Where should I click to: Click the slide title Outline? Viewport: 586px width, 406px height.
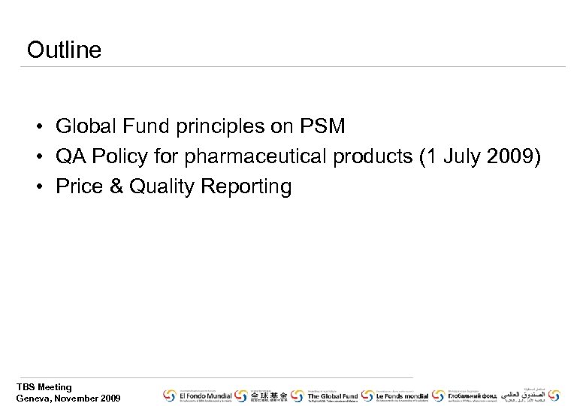click(64, 50)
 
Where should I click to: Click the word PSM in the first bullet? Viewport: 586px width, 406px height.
click(324, 126)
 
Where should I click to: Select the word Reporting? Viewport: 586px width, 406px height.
click(246, 186)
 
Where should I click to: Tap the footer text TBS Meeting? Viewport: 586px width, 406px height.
click(44, 387)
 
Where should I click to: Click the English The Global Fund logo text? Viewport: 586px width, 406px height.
click(333, 395)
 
